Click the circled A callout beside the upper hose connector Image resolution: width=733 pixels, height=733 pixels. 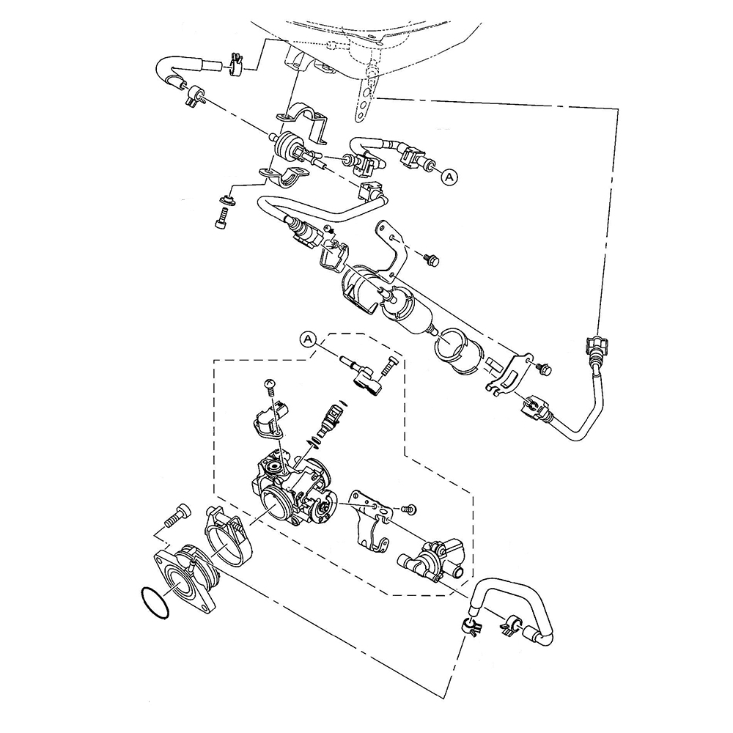[449, 177]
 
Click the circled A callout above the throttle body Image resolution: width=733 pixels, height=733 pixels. [308, 339]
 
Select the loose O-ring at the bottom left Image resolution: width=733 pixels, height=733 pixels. [154, 603]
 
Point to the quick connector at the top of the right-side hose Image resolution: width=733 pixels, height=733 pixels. [595, 347]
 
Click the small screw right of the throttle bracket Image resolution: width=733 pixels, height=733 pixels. [408, 509]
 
